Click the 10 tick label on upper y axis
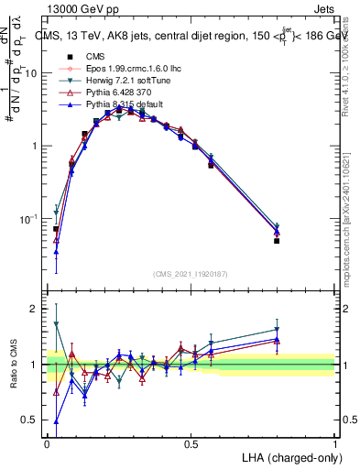tap(33, 73)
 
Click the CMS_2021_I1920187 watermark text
tap(190, 274)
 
